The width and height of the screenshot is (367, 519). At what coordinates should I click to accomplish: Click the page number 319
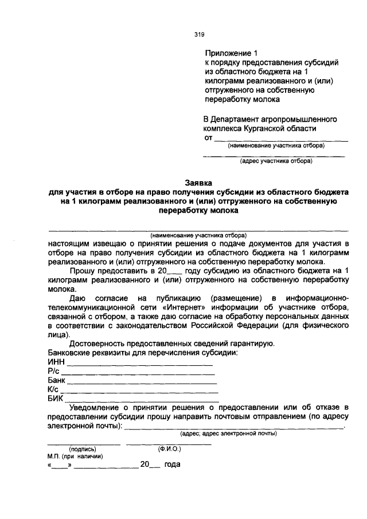point(200,34)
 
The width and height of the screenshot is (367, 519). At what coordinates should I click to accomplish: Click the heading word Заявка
point(199,182)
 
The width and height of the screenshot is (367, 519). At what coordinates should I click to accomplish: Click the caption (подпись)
point(83,448)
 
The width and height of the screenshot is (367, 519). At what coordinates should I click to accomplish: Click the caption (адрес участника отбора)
point(276,161)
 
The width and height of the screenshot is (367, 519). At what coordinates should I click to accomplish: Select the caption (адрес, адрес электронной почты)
point(228,434)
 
